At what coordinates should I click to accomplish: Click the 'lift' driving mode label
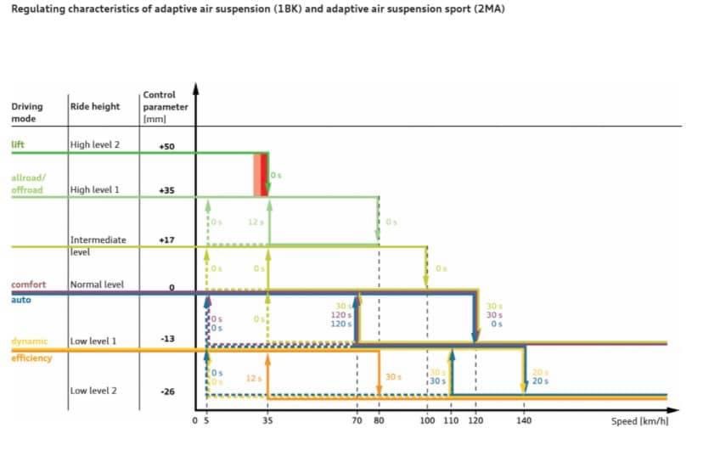click(x=17, y=144)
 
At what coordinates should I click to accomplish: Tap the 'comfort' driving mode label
click(x=27, y=285)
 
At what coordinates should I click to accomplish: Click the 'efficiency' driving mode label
click(x=31, y=358)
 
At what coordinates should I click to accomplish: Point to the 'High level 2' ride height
click(x=94, y=145)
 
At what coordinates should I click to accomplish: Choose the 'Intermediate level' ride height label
click(x=98, y=245)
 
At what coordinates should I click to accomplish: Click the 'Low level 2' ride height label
click(x=93, y=391)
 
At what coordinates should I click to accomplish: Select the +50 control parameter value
click(x=166, y=147)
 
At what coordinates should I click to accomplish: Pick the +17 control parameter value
click(x=166, y=240)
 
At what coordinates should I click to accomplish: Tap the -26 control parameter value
click(x=167, y=392)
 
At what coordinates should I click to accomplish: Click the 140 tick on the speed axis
click(x=524, y=421)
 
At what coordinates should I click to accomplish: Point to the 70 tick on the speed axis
click(x=357, y=421)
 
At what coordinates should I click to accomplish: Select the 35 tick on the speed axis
click(x=267, y=421)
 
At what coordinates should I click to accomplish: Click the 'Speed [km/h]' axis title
click(x=639, y=421)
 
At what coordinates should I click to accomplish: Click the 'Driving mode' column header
click(x=26, y=112)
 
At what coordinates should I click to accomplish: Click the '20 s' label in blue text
click(x=540, y=381)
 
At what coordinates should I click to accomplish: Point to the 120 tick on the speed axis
click(x=475, y=421)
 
